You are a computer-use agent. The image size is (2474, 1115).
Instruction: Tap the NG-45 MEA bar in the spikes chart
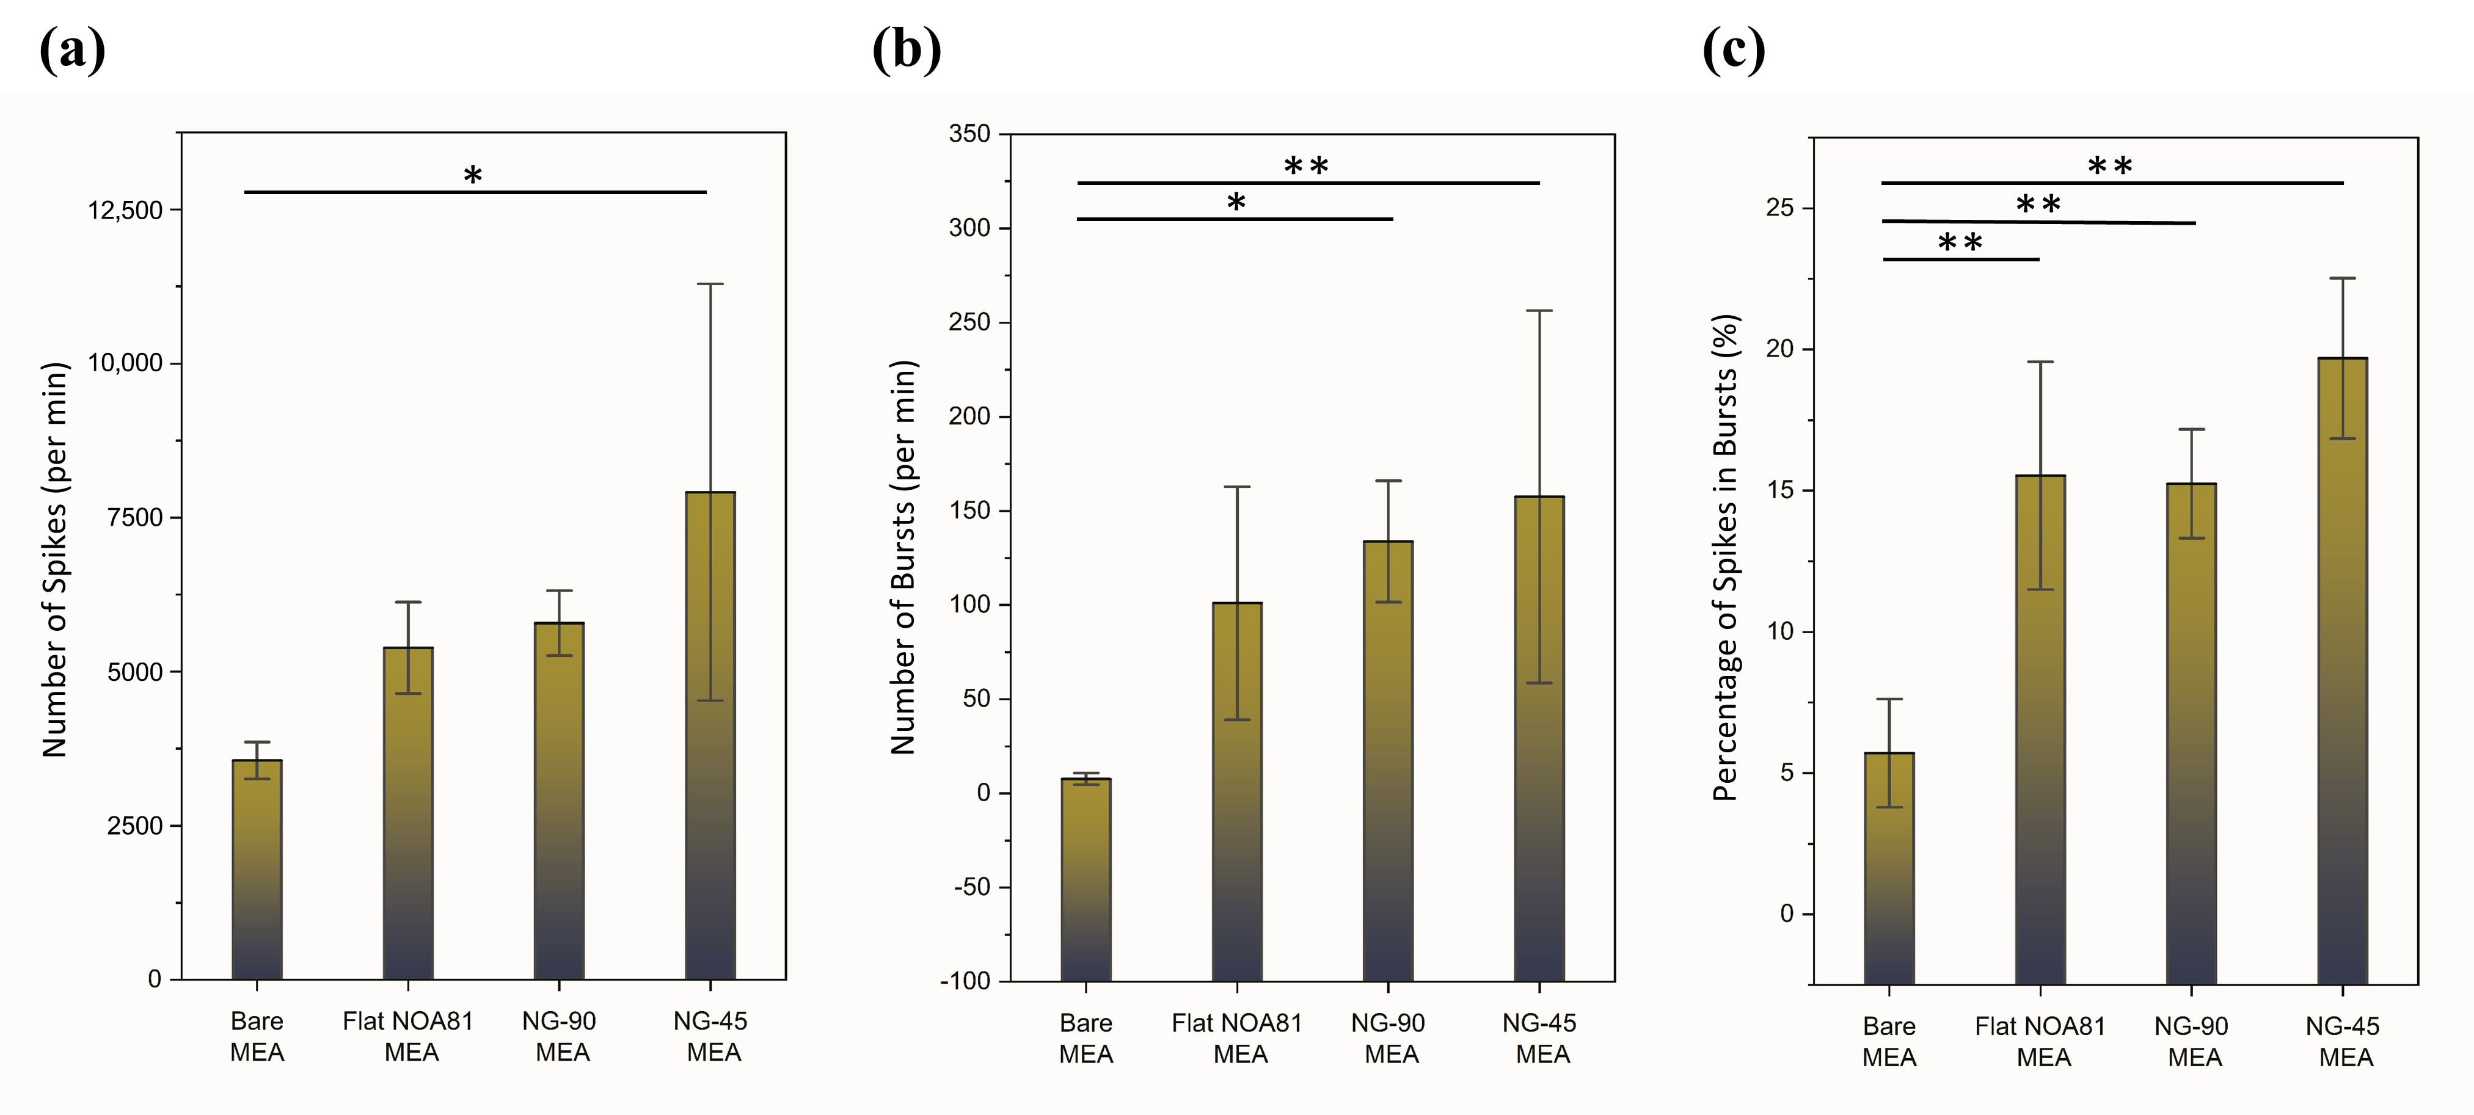point(710,736)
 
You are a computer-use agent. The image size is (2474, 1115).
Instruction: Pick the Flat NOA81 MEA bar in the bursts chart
point(1237,791)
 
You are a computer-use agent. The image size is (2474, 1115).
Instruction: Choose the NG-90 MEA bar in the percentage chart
point(2192,734)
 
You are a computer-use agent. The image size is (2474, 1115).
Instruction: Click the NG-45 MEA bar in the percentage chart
point(2343,671)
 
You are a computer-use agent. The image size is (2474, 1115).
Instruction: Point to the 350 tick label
point(970,134)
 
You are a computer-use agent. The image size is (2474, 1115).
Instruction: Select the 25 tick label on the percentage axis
point(1779,208)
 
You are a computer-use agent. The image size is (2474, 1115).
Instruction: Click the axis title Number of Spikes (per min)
point(55,560)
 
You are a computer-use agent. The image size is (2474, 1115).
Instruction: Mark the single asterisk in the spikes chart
point(473,176)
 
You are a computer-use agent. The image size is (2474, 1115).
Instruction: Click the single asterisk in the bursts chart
point(1236,203)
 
